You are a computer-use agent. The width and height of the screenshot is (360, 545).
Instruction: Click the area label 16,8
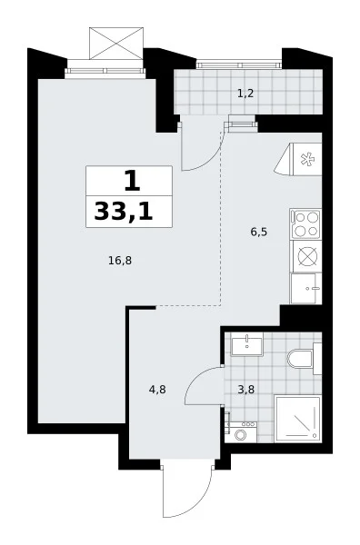tap(120, 261)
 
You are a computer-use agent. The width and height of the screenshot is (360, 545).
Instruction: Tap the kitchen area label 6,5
tap(259, 232)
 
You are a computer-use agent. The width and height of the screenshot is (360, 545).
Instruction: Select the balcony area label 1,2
tap(245, 94)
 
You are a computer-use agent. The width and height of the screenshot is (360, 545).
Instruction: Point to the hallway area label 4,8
tap(157, 390)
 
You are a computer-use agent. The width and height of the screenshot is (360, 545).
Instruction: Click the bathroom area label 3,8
tap(246, 390)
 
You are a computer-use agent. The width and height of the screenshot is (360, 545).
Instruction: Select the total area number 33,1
tap(124, 212)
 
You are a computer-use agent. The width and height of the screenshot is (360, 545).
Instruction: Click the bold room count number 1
tap(132, 182)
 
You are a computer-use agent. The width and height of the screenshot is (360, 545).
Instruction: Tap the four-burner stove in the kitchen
tap(305, 223)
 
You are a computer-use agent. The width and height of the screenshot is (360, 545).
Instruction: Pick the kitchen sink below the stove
tap(306, 288)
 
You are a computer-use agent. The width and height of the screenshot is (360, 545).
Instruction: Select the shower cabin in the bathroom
tap(298, 419)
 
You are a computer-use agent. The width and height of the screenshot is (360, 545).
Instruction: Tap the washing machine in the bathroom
tap(241, 432)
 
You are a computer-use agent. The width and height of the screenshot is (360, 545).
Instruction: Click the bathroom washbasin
tap(247, 344)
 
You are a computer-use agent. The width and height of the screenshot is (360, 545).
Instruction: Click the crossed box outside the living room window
tap(116, 43)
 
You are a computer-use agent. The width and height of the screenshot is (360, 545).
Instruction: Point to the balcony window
tap(239, 64)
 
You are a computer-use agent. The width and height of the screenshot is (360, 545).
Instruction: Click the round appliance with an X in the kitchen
tap(308, 257)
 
